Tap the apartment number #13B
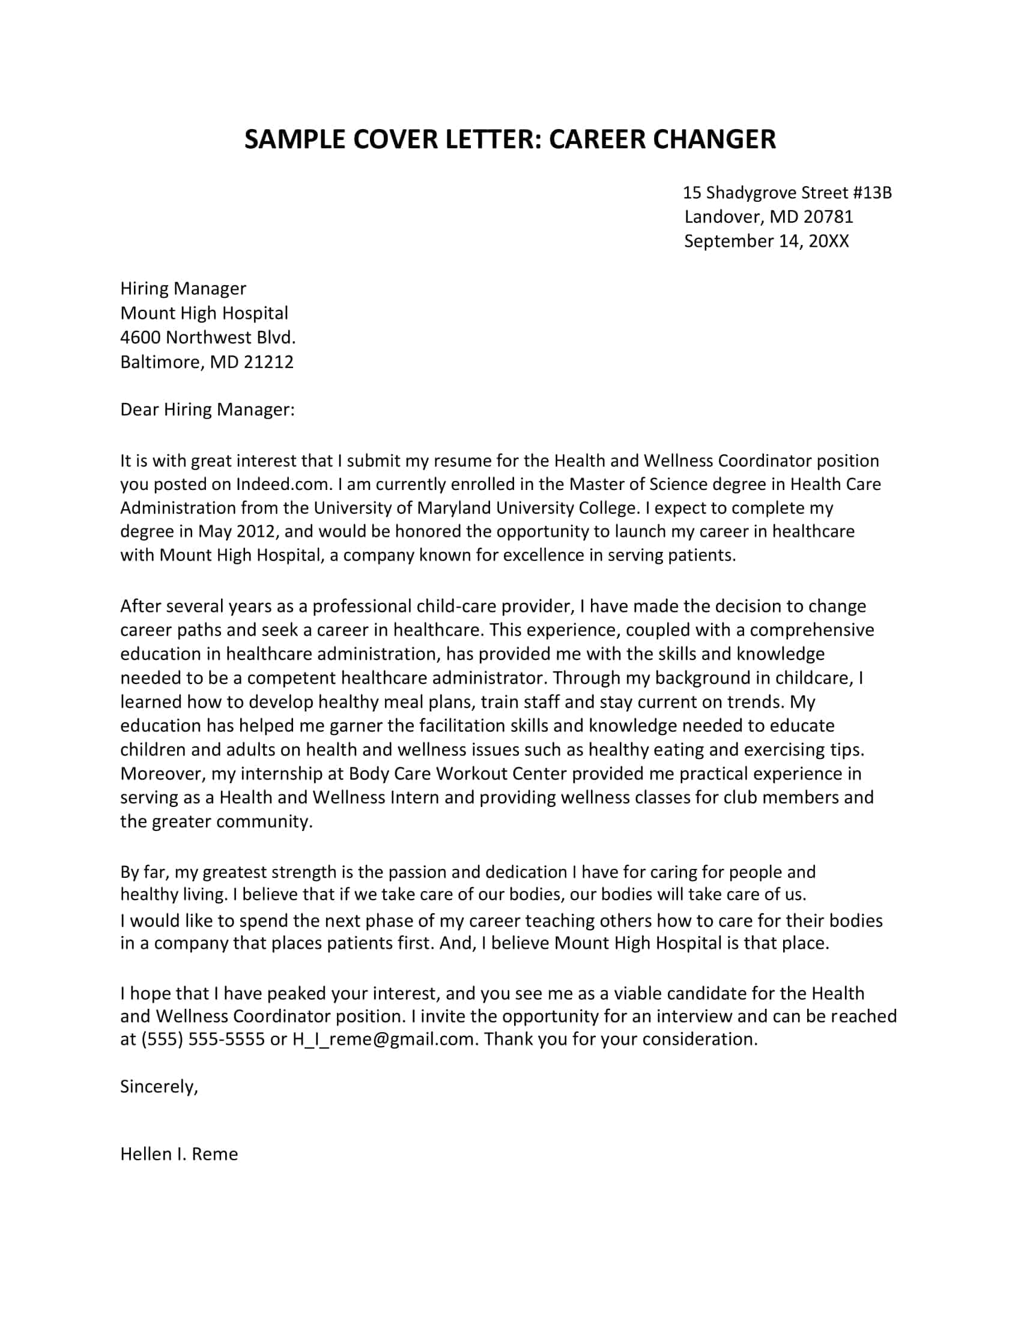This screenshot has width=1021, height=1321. tap(872, 193)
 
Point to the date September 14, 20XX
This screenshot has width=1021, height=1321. tap(766, 241)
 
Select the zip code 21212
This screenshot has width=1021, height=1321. tap(268, 361)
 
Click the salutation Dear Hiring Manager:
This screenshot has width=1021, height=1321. tap(207, 410)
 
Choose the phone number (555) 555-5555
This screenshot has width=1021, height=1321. tap(202, 1039)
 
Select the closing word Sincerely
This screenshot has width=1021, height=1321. tap(158, 1087)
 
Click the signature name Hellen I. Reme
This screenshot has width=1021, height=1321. tap(179, 1154)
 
